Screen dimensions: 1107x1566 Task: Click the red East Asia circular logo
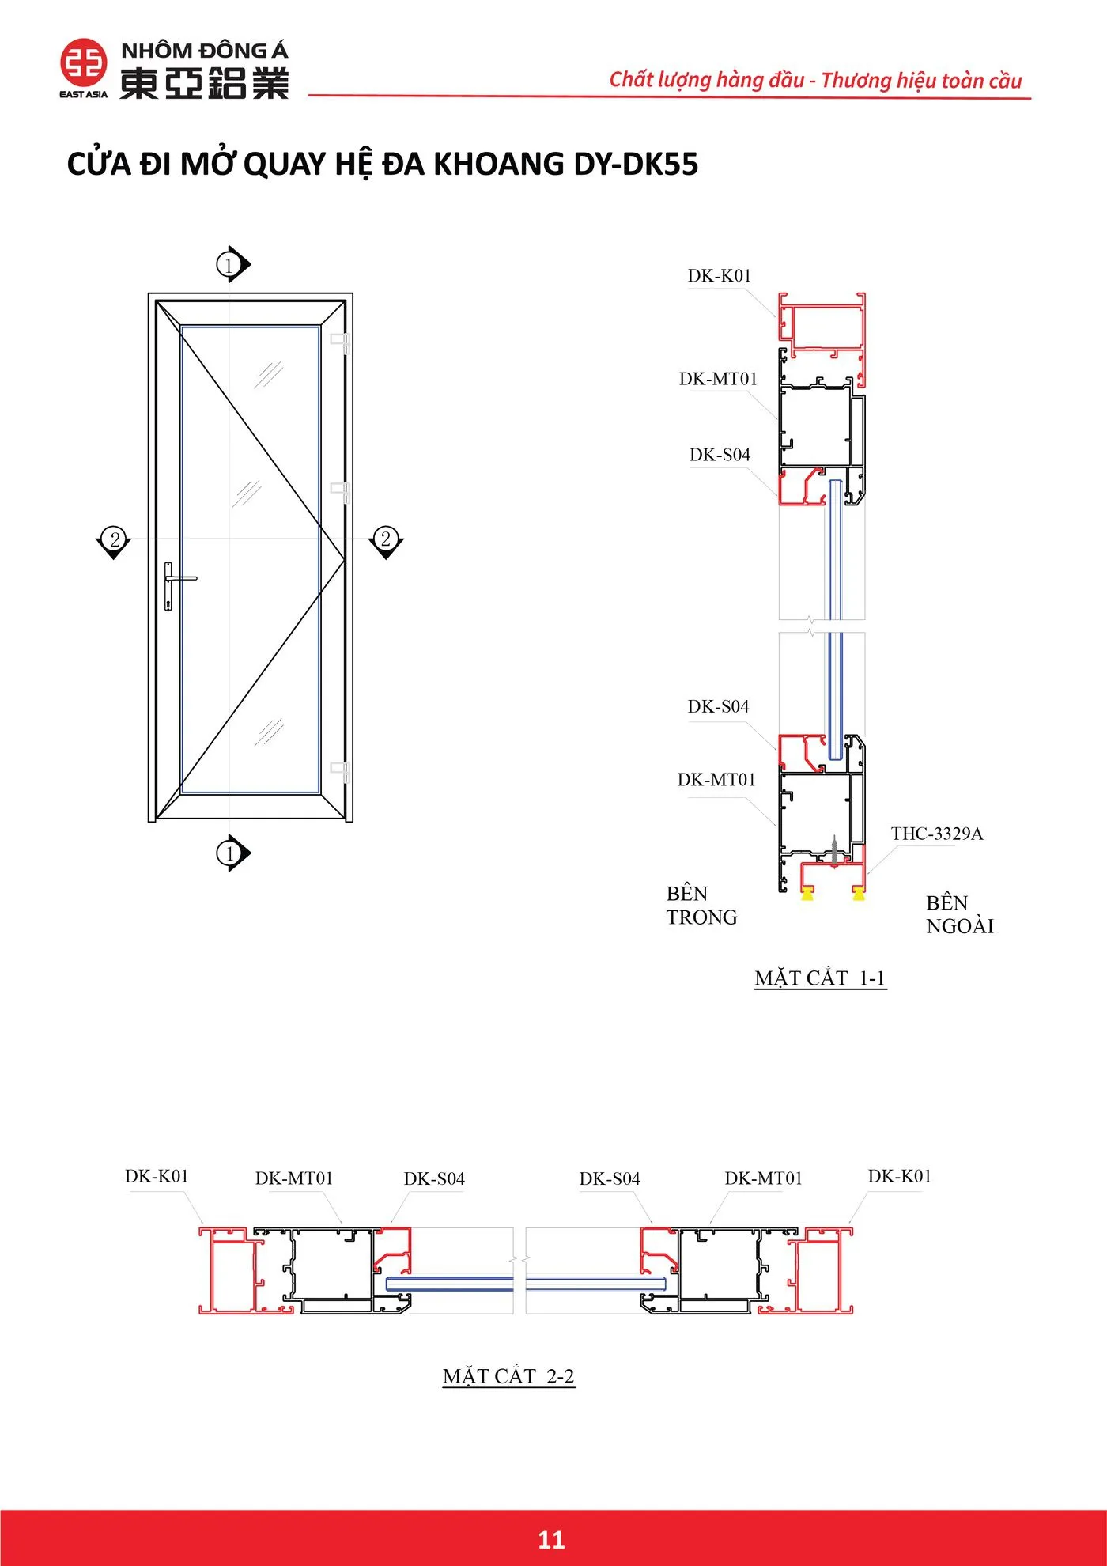[84, 62]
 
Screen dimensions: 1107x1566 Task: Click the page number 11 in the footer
[551, 1539]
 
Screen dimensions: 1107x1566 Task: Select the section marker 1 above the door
[233, 264]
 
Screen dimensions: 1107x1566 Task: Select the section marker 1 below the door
[233, 853]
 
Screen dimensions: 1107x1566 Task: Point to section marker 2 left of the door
[114, 542]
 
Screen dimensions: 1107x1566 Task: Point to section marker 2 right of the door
[386, 542]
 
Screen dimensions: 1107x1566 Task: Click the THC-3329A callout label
[937, 833]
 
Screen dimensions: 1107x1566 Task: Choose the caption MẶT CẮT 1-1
[820, 978]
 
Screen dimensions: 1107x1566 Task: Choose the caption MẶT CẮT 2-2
[508, 1376]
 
